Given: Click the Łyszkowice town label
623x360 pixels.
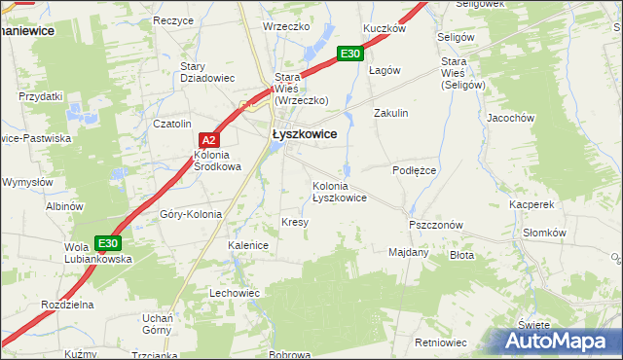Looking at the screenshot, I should pos(305,134).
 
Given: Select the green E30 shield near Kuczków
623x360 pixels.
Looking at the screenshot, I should pos(352,55).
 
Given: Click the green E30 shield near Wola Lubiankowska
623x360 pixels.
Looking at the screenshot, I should pos(108,242).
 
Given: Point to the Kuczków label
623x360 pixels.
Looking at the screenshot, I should pos(384,28).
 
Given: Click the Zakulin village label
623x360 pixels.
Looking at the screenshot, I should pos(391,113).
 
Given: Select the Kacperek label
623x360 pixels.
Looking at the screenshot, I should pos(531,205).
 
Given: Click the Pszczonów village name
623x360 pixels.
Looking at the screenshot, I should pos(435,224).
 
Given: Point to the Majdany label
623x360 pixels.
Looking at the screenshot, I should pos(409,252).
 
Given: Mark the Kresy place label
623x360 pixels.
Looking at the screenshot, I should pos(295,222).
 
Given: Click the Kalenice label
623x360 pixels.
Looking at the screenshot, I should pos(248,245).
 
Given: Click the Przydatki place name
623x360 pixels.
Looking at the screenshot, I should pos(41,96).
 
